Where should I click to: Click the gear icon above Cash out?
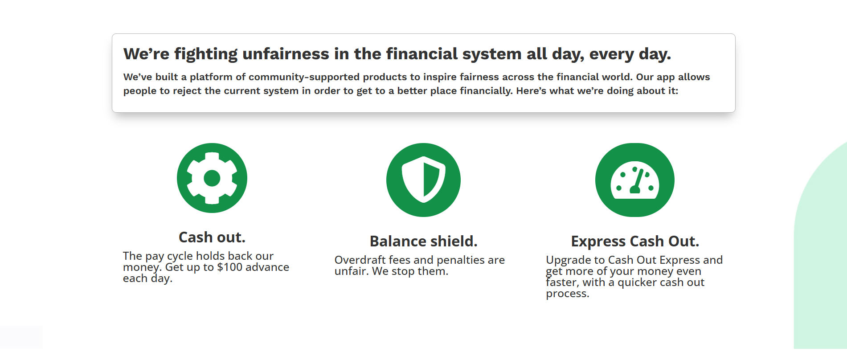coord(212,178)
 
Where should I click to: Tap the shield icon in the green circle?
coord(423,180)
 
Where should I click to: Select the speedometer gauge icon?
coord(635,180)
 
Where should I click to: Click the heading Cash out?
coord(212,237)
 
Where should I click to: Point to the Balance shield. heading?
coord(423,241)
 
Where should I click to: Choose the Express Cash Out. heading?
coord(635,241)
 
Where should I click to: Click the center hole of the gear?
coord(212,178)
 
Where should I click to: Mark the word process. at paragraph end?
coord(568,294)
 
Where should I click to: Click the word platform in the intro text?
coord(211,77)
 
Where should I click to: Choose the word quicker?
coord(639,282)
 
